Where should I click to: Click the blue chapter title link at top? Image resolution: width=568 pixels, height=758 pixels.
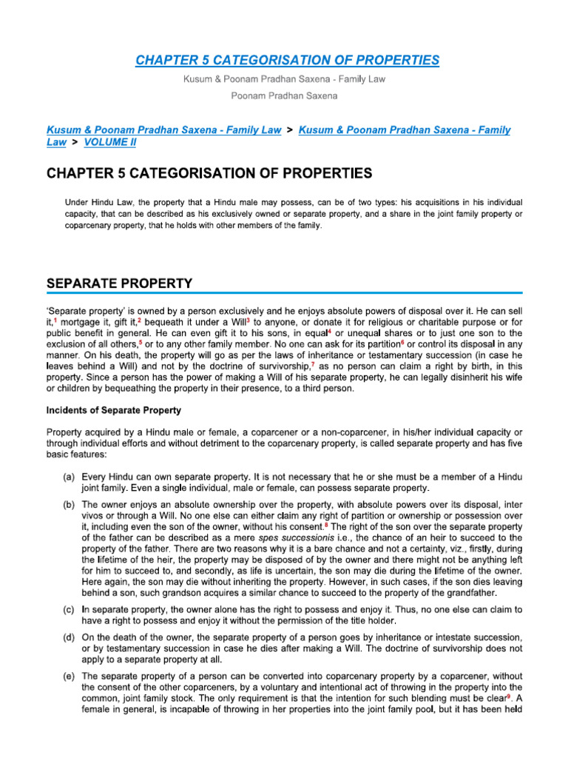click(x=287, y=60)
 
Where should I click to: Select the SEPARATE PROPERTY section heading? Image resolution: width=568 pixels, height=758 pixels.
click(x=119, y=283)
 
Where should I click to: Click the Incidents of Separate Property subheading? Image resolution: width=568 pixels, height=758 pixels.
click(x=114, y=410)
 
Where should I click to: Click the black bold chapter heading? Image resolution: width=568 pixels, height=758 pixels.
click(x=209, y=174)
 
